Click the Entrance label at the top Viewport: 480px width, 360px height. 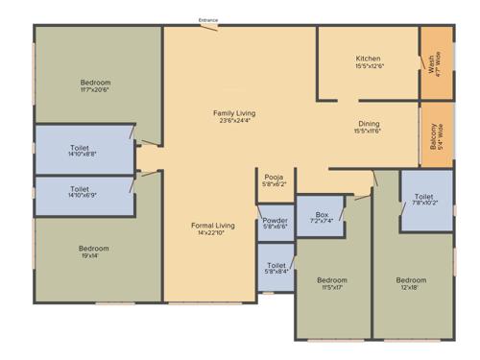208,20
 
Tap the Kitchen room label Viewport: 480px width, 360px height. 369,59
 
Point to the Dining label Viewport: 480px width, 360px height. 369,124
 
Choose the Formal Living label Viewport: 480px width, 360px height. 212,225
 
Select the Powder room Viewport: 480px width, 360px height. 275,224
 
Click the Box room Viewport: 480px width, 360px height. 322,218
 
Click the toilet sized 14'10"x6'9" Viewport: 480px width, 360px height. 84,194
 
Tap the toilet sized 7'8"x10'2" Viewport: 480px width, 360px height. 426,200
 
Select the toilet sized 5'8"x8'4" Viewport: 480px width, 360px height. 276,268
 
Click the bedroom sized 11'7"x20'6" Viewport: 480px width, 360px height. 96,86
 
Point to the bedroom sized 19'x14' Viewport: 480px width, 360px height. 96,252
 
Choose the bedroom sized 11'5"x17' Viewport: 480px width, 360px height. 332,284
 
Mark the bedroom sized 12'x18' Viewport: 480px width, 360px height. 412,284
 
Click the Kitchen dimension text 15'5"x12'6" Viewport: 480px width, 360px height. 369,66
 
